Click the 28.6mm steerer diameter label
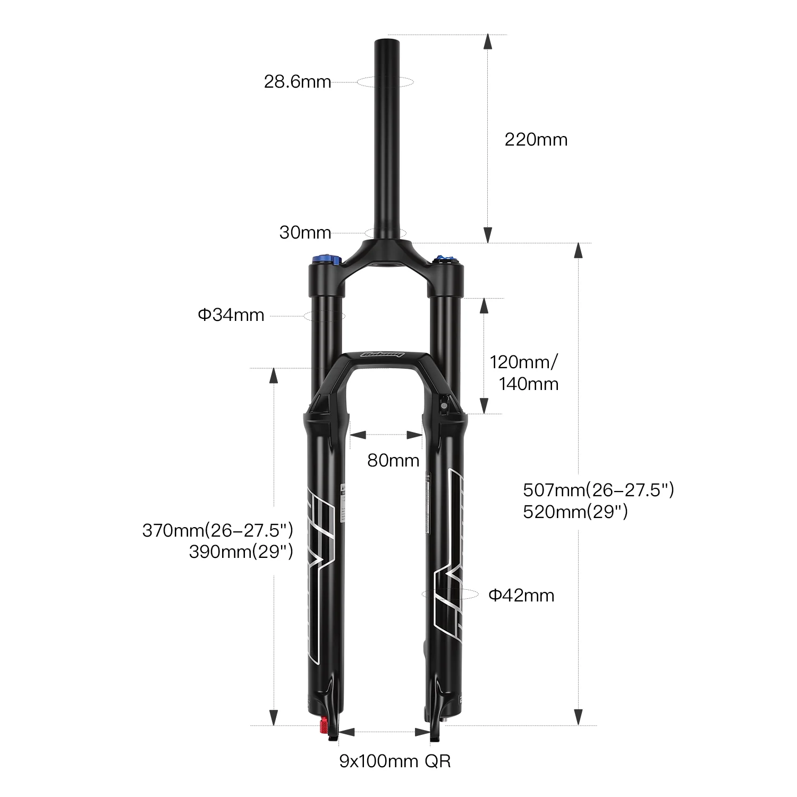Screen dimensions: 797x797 (x=298, y=82)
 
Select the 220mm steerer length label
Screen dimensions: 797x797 (x=536, y=140)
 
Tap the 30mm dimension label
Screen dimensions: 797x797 (x=305, y=233)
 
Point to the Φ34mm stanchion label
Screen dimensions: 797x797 (x=231, y=315)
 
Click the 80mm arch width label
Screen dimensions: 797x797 (x=393, y=460)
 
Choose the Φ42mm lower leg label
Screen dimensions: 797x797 (x=521, y=596)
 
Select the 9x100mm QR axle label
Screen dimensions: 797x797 (x=395, y=761)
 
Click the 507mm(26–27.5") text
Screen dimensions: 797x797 (x=598, y=489)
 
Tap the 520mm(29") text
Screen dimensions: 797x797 (x=575, y=512)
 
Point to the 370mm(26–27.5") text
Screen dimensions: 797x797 (x=218, y=530)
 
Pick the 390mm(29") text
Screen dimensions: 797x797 (x=241, y=552)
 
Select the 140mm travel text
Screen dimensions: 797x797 (x=529, y=384)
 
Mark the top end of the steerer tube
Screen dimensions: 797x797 (x=386, y=40)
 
